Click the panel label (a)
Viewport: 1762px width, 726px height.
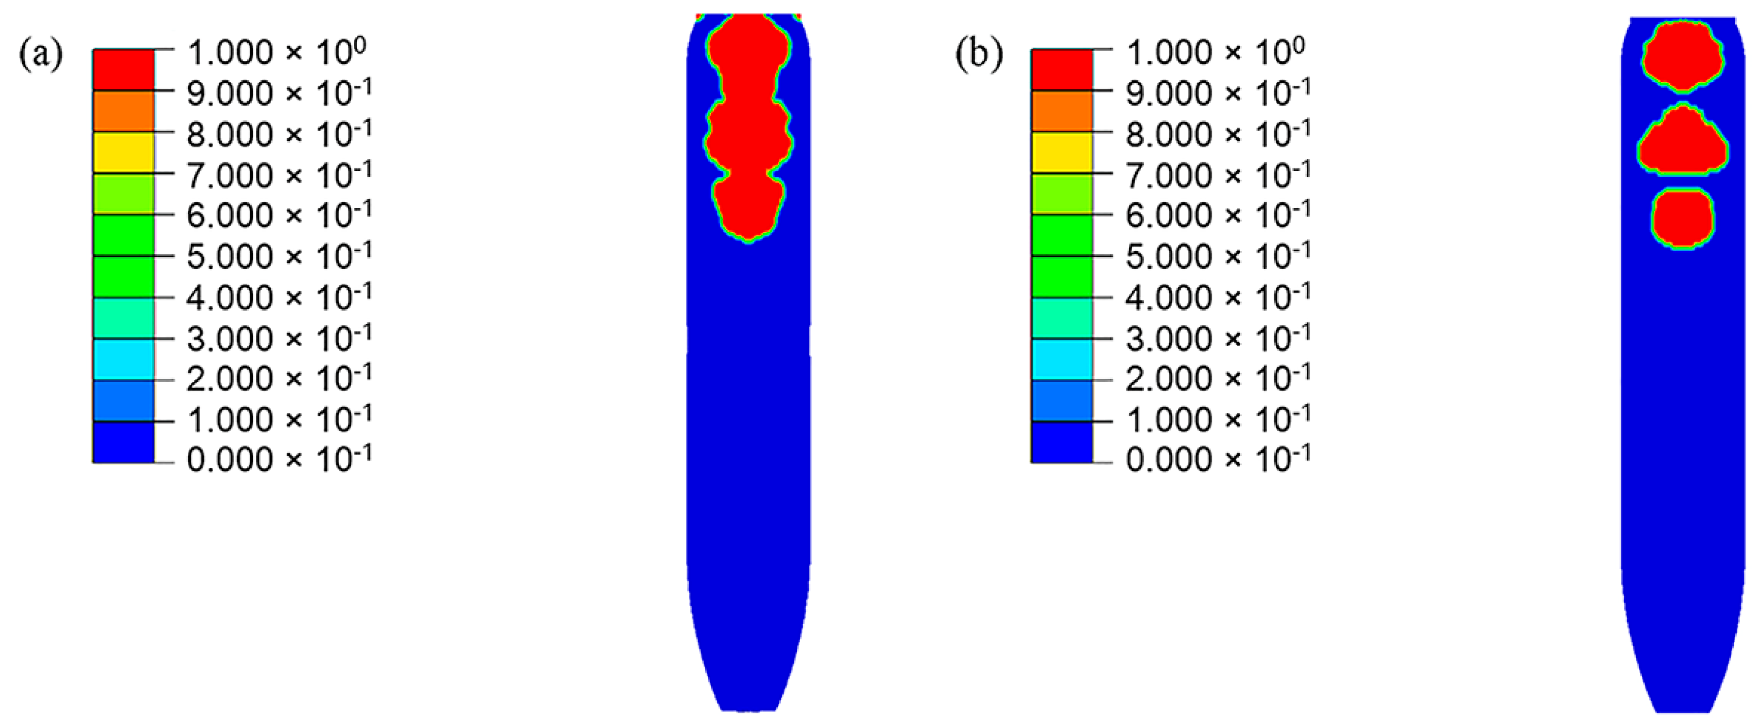pyautogui.click(x=41, y=54)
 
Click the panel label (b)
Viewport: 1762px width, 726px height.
pyautogui.click(x=979, y=54)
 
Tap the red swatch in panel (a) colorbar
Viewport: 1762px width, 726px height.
pyautogui.click(x=124, y=70)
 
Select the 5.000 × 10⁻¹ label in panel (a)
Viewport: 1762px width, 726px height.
pyautogui.click(x=279, y=256)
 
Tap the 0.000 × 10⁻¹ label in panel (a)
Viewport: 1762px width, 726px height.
pyautogui.click(x=279, y=459)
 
